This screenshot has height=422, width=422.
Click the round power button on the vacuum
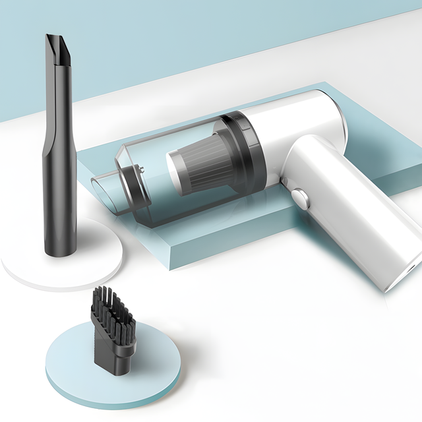299,197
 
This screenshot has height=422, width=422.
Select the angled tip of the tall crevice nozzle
57,49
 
